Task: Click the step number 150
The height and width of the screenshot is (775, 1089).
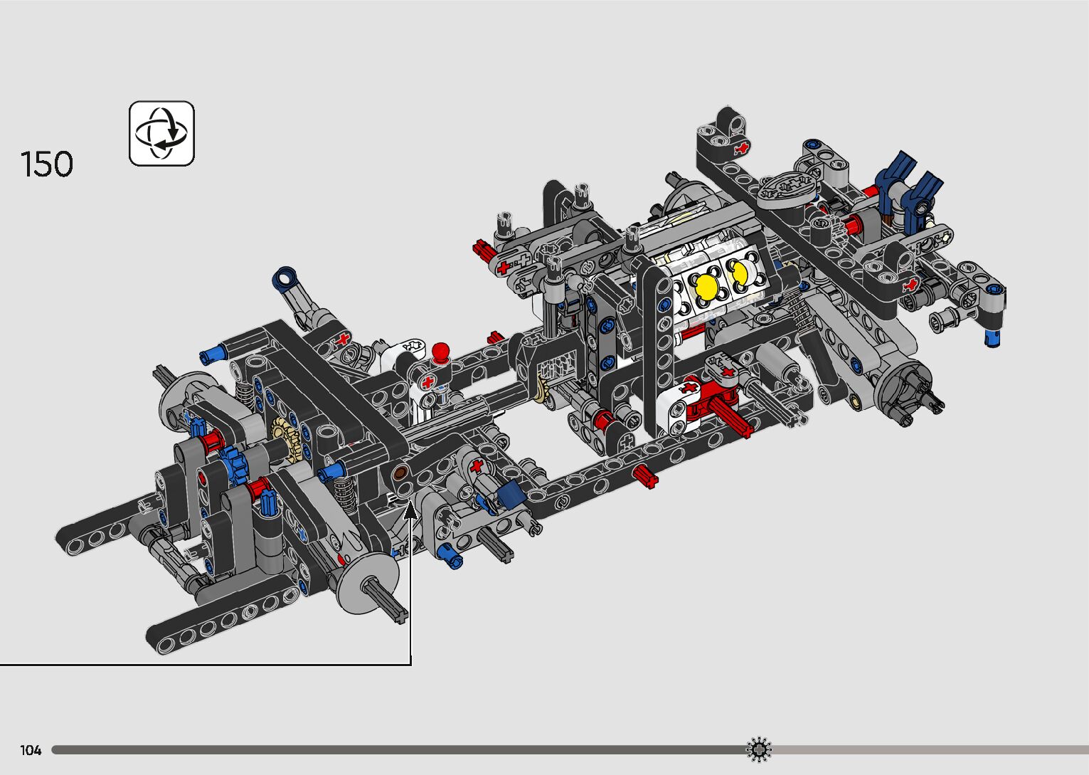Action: [x=47, y=164]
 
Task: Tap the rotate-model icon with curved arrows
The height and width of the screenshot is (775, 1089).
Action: [x=161, y=133]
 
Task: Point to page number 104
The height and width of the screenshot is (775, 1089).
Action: [x=31, y=750]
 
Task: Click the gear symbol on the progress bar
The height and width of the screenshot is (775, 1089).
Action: [x=759, y=749]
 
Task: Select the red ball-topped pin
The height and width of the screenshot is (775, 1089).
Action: [x=440, y=352]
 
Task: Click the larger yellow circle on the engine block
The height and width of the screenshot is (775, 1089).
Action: [x=707, y=286]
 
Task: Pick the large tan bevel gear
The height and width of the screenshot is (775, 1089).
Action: [x=286, y=439]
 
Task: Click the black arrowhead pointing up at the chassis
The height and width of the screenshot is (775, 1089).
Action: [x=410, y=511]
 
